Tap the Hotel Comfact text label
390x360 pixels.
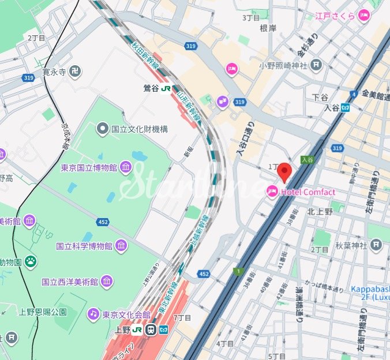point(307,192)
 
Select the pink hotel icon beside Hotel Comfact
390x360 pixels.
point(272,192)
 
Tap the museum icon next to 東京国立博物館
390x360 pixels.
point(125,168)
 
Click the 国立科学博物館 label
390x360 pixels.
point(84,246)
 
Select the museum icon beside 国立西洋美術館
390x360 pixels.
point(107,282)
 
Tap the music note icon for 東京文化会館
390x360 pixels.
point(93,314)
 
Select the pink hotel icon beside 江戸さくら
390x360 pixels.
point(363,16)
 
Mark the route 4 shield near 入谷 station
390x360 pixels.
point(353,94)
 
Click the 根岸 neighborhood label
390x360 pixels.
point(269,28)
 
